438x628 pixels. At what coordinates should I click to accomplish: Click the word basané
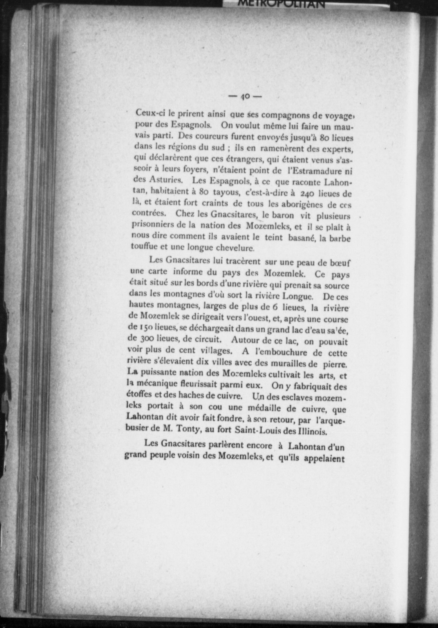(x=301, y=238)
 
